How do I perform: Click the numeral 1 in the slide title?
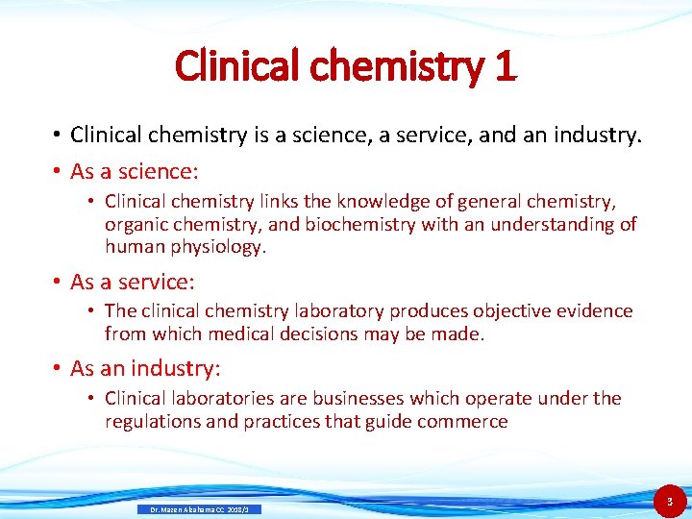(x=504, y=66)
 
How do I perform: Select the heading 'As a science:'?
(x=135, y=171)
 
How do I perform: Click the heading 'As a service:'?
(x=133, y=282)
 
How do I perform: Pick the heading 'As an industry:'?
(x=146, y=368)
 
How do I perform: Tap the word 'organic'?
(x=136, y=224)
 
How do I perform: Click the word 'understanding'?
(x=556, y=224)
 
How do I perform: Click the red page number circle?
(x=670, y=501)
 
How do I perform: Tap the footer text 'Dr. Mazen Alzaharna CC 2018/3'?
(x=200, y=509)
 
